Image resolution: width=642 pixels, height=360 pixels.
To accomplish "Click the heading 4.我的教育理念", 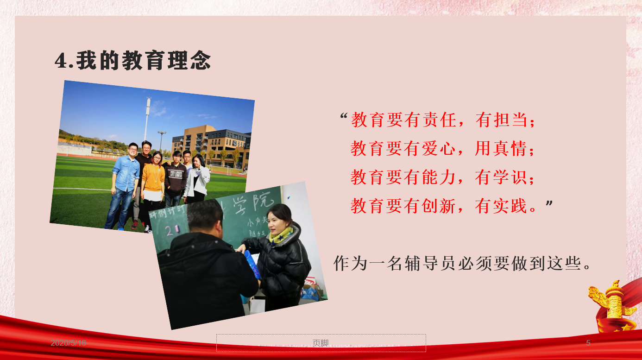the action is click(x=132, y=61).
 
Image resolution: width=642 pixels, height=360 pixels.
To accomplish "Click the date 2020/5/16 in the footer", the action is click(x=68, y=343).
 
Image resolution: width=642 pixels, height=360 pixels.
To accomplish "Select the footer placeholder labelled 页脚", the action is click(x=321, y=343).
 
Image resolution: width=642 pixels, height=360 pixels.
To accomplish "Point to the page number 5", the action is click(x=588, y=343).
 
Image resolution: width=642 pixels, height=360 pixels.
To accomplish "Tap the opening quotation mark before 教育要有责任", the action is click(x=344, y=116).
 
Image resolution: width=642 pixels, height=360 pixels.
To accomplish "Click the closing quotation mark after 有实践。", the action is click(x=549, y=203).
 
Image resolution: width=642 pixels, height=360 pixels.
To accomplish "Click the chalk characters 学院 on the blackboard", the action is click(x=252, y=202).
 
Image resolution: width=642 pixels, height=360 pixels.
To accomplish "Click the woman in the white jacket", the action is click(x=197, y=179).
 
